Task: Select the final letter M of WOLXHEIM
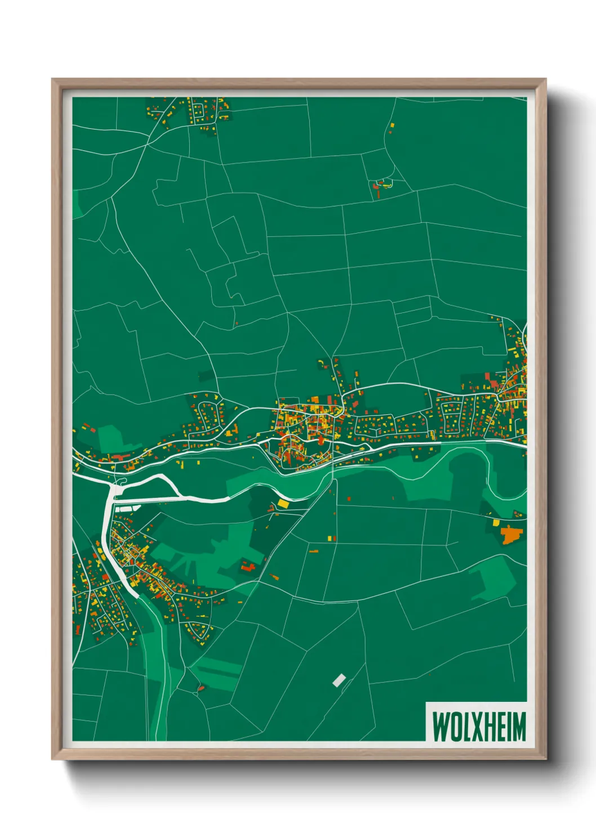pos(519,727)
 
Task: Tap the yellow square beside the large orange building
pos(496,522)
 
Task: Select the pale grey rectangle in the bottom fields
pos(339,680)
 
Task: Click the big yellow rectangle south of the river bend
pos(283,503)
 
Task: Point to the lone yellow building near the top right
pos(392,126)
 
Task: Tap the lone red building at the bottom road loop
pos(201,687)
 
